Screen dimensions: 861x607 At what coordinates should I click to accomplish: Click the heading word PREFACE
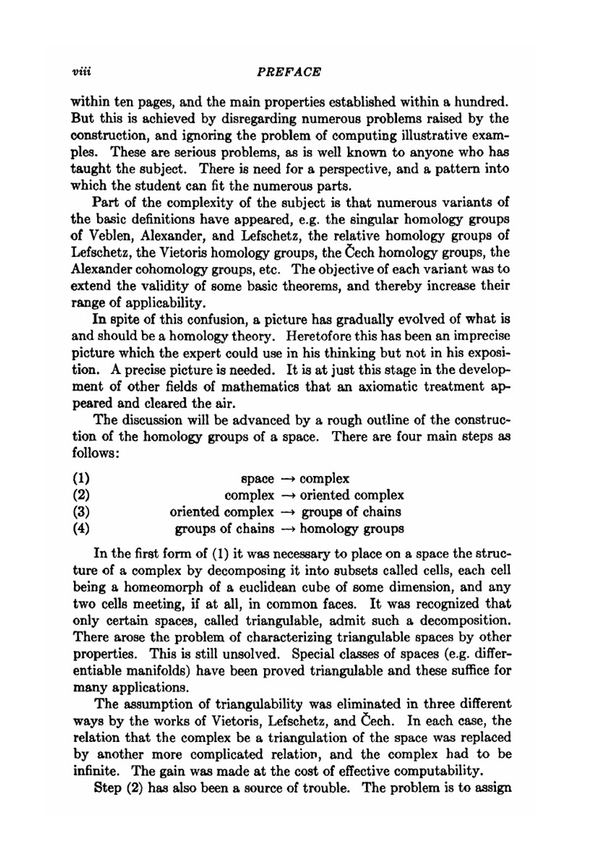[x=289, y=72]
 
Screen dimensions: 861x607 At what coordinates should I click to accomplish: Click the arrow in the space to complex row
[x=287, y=479]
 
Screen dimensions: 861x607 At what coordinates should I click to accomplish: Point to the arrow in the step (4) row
[x=287, y=529]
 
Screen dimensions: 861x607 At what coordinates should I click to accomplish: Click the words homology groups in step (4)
[x=351, y=529]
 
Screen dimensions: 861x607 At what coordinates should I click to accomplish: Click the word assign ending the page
[x=492, y=789]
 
